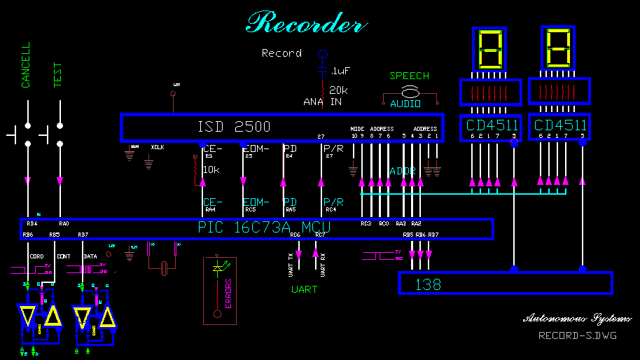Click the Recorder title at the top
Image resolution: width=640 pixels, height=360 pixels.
[x=306, y=24]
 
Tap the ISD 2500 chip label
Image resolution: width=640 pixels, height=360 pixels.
[x=234, y=127]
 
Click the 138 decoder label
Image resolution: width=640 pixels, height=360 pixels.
[x=428, y=284]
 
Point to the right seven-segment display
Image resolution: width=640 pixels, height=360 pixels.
[x=558, y=48]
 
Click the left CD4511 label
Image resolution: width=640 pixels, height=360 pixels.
[x=493, y=125]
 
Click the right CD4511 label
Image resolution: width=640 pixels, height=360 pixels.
[x=560, y=125]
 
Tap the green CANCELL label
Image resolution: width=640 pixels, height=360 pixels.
[x=26, y=65]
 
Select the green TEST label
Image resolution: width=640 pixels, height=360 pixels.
[x=58, y=75]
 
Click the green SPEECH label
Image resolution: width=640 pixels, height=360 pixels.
[x=410, y=76]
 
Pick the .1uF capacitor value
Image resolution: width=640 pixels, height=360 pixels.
[x=340, y=71]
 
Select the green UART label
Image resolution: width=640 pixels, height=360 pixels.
[x=305, y=289]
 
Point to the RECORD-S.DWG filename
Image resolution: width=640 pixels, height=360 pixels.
[x=577, y=335]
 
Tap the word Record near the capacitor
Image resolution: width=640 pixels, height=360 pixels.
[x=281, y=53]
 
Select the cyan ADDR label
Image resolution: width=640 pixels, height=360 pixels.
[x=403, y=171]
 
